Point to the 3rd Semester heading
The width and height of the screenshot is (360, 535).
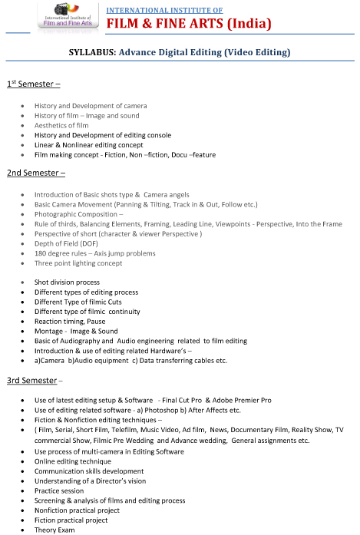34,381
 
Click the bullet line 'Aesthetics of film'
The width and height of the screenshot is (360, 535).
61,125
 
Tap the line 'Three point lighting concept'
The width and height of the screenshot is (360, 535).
78,263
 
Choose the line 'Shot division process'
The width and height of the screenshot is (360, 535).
67,282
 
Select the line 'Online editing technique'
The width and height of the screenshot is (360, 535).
72,461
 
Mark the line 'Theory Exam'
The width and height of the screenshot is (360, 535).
54,530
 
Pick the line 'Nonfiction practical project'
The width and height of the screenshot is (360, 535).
77,510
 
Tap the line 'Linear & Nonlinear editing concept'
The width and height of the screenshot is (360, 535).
88,145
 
